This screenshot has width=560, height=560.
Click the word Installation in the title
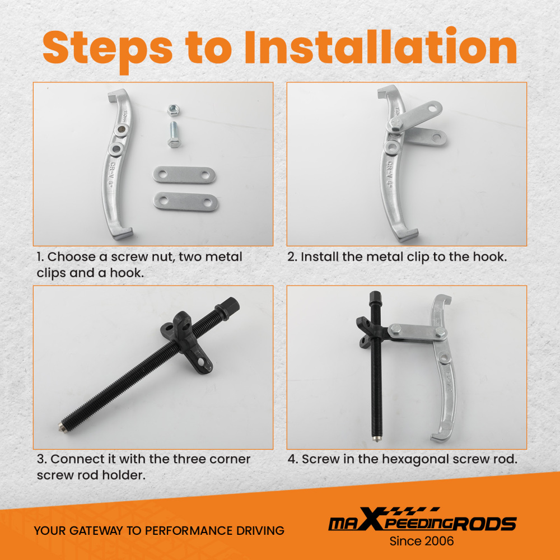pyautogui.click(x=381, y=47)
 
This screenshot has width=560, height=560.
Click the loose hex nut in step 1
pyautogui.click(x=173, y=110)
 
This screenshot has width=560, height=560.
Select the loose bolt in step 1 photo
pyautogui.click(x=174, y=134)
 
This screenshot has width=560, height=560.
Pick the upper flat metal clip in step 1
pyautogui.click(x=184, y=175)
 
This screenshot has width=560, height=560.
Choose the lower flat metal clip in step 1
pyautogui.click(x=186, y=202)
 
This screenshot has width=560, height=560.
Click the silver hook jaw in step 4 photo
pyautogui.click(x=442, y=368)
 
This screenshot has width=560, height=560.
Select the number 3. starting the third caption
pyautogui.click(x=41, y=459)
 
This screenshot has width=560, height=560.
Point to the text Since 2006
pyautogui.click(x=422, y=541)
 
